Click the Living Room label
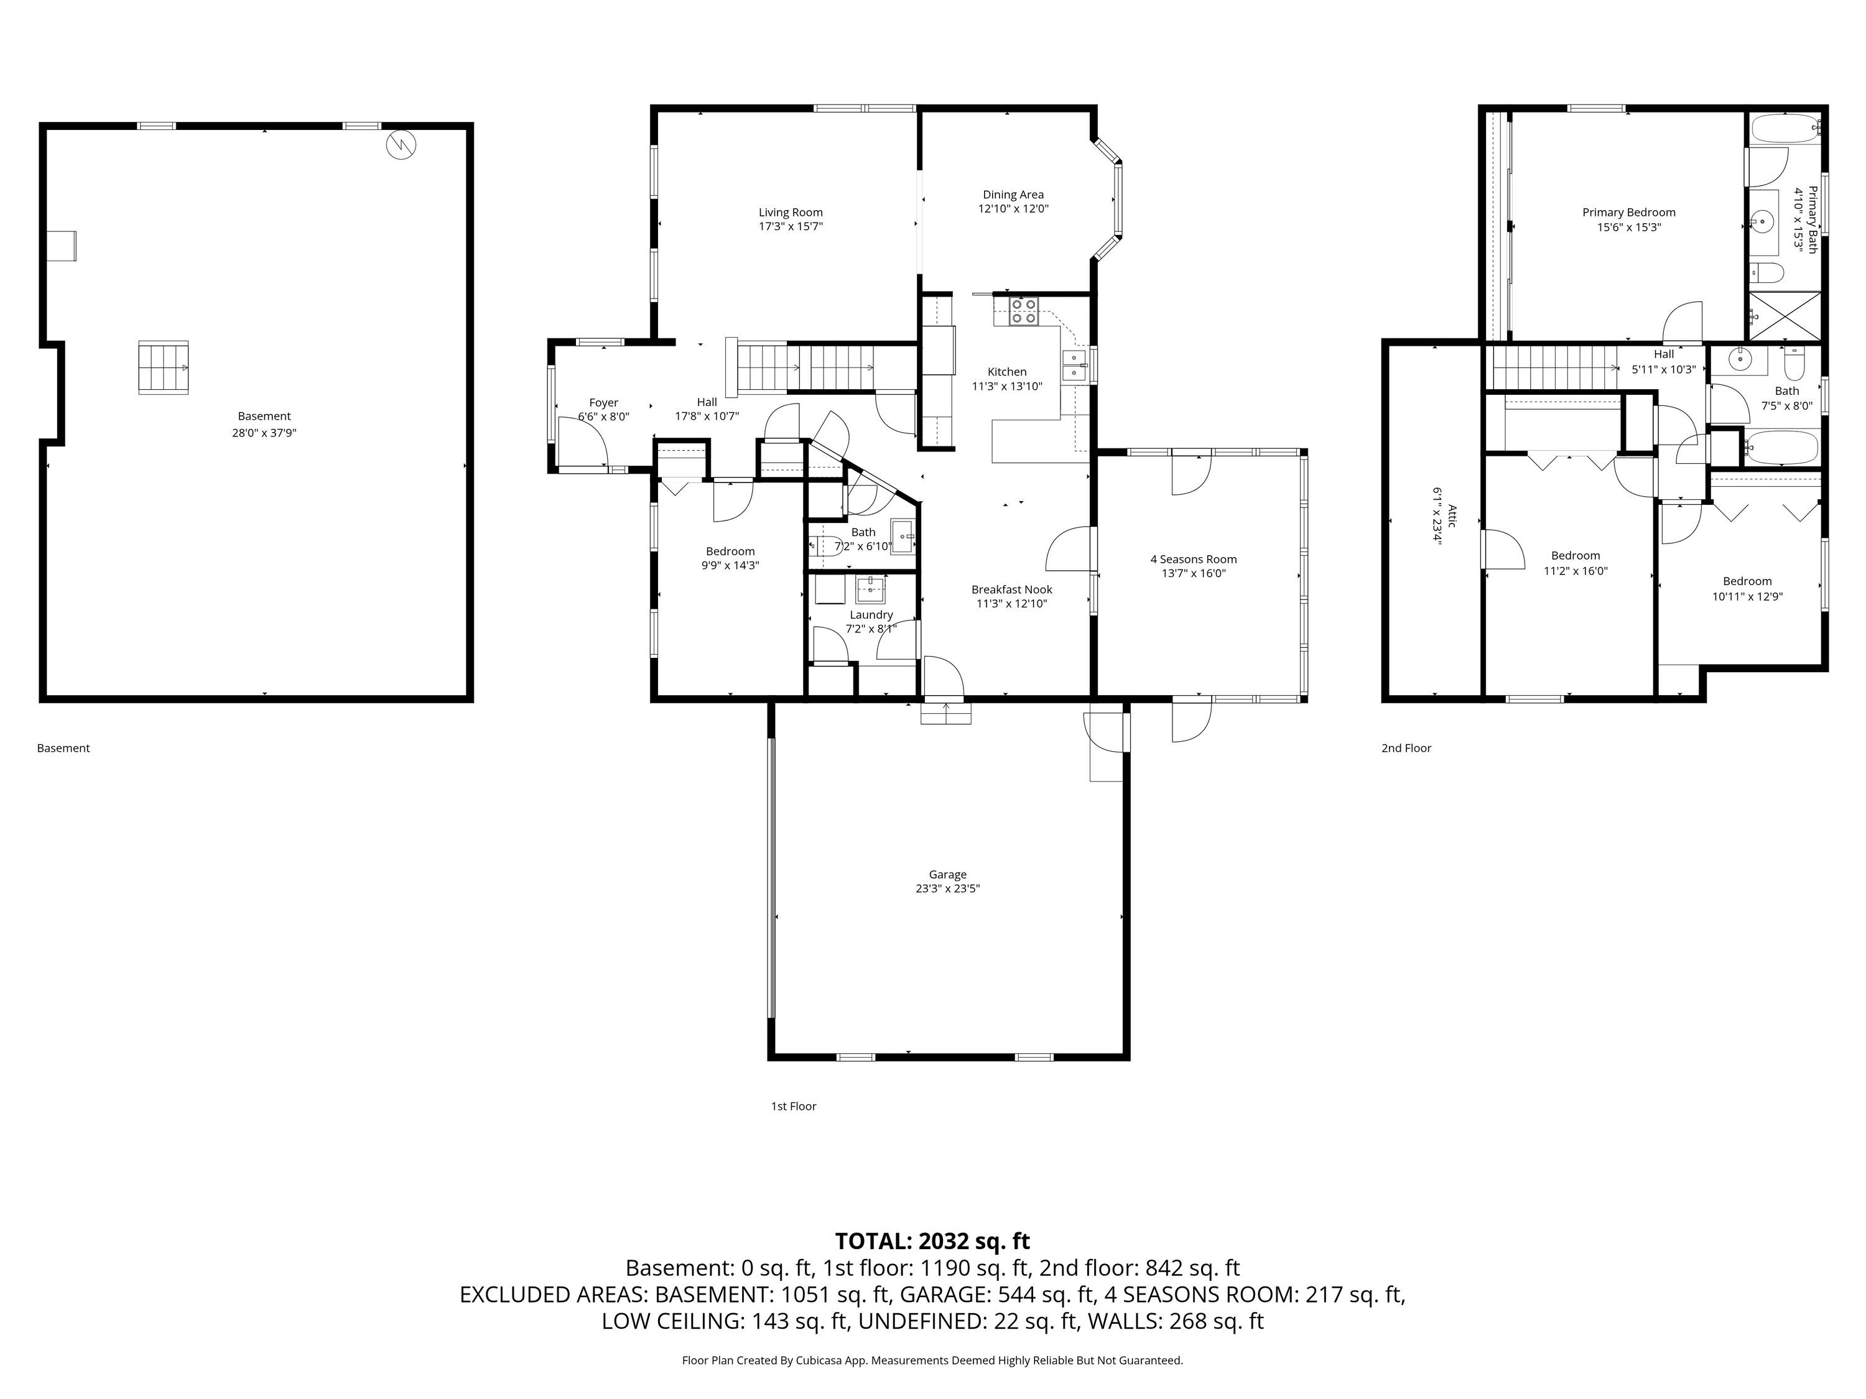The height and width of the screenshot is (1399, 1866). pyautogui.click(x=791, y=213)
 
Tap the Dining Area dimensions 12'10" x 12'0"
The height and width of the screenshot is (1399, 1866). pyautogui.click(x=1013, y=209)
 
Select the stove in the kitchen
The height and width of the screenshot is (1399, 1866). pyautogui.click(x=1023, y=311)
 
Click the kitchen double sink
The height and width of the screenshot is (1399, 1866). pyautogui.click(x=1074, y=366)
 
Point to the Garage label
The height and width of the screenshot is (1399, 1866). pyautogui.click(x=947, y=874)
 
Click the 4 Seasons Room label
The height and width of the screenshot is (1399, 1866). pyautogui.click(x=1194, y=559)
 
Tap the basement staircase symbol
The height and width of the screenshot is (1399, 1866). pyautogui.click(x=164, y=367)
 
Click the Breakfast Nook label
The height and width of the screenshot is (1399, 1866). pyautogui.click(x=1011, y=589)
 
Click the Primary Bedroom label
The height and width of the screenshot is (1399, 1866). pyautogui.click(x=1629, y=213)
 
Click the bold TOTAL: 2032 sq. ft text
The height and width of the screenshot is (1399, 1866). pyautogui.click(x=932, y=1241)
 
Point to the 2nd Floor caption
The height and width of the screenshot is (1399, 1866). pyautogui.click(x=1406, y=748)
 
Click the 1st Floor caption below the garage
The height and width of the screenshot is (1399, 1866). pyautogui.click(x=794, y=1106)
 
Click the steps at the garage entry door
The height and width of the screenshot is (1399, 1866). pyautogui.click(x=945, y=713)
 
